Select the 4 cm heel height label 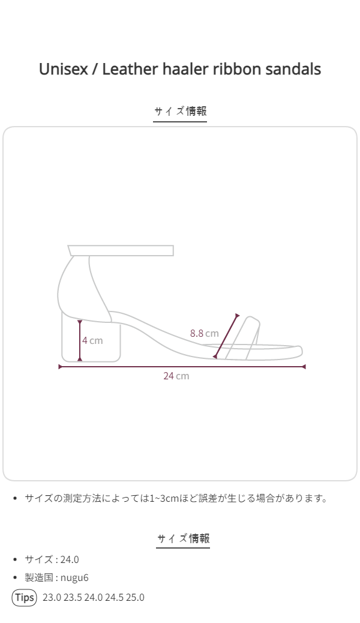pyautogui.click(x=92, y=340)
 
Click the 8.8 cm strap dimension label pyautogui.click(x=204, y=333)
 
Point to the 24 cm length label pyautogui.click(x=176, y=376)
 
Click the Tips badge pyautogui.click(x=24, y=598)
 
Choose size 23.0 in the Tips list pyautogui.click(x=52, y=598)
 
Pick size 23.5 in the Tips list pyautogui.click(x=73, y=598)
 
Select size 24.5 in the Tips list pyautogui.click(x=114, y=598)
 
